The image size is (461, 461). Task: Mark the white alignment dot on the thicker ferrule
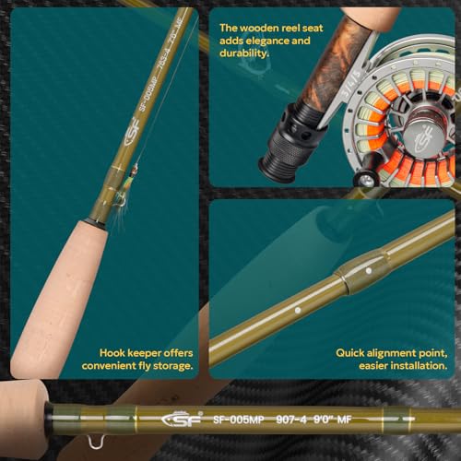click(x=368, y=273)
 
